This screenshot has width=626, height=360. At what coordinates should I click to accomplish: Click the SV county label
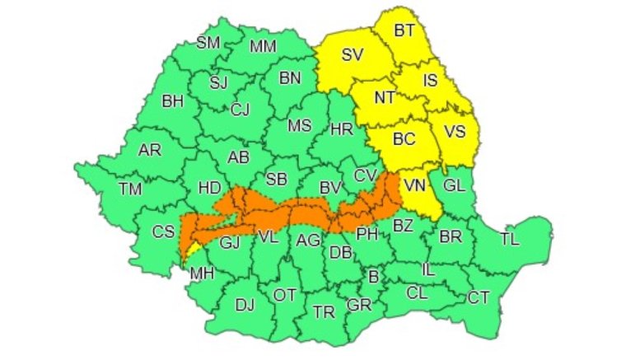(x=353, y=56)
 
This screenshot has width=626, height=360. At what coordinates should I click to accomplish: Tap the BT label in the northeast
(x=404, y=31)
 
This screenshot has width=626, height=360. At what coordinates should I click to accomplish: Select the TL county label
(x=511, y=240)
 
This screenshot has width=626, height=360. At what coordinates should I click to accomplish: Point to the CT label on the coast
(x=478, y=297)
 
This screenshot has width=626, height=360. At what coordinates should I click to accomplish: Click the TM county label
(x=130, y=189)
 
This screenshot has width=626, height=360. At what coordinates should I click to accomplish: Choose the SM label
(x=208, y=43)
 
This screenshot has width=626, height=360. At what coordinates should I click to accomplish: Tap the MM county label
(x=263, y=46)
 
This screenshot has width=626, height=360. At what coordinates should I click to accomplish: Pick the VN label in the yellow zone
(x=414, y=186)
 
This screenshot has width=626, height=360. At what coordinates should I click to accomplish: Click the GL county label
(x=455, y=185)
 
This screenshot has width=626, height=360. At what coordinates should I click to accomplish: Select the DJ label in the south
(x=245, y=305)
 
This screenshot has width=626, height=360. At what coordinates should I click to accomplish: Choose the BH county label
(x=172, y=102)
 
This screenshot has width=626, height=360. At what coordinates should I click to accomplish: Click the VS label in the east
(x=455, y=132)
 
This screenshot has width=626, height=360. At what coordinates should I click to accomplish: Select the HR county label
(x=341, y=129)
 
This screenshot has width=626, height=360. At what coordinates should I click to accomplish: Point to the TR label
(x=324, y=312)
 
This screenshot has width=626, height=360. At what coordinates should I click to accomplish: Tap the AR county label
(x=149, y=151)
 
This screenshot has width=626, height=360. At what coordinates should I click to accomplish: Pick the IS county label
(x=431, y=81)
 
